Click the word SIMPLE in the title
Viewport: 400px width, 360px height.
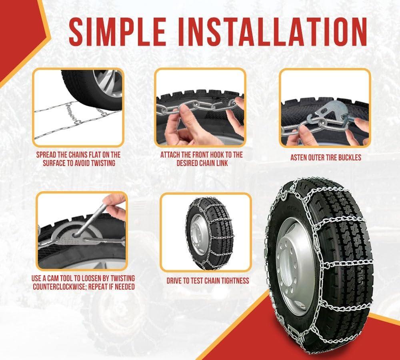(x=117, y=32)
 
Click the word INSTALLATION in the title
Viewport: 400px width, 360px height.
(x=272, y=32)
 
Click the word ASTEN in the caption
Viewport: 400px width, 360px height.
(x=299, y=158)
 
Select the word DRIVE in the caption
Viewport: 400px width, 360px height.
(x=174, y=281)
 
